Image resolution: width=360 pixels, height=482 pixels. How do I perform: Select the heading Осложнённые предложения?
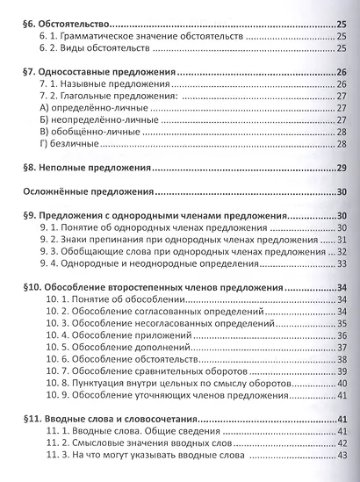(x=89, y=191)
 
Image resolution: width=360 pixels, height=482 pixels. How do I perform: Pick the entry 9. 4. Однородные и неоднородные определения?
(x=158, y=263)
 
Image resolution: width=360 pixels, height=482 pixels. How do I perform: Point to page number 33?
(x=341, y=263)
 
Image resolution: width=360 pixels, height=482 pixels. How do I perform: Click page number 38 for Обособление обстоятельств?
(x=341, y=358)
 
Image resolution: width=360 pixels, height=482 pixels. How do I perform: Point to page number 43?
(x=341, y=454)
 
